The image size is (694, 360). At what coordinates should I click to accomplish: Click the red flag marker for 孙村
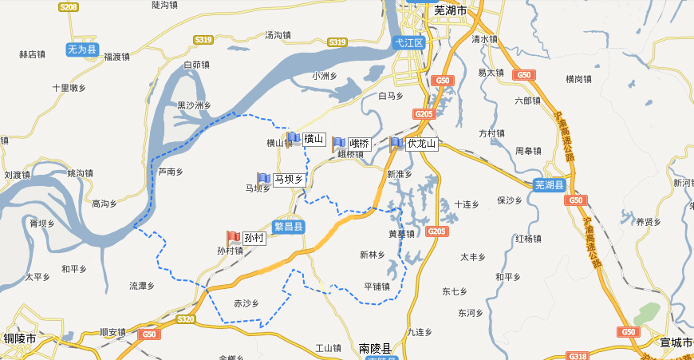pos(233,237)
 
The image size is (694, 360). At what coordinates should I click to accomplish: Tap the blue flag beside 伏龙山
pos(396,144)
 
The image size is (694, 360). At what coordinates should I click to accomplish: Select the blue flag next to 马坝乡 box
pos(263,180)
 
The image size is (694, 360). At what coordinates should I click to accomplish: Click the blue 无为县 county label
pos(81,49)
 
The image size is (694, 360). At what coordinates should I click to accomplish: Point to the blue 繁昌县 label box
pos(288,227)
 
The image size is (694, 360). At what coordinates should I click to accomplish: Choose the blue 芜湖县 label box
pos(549,185)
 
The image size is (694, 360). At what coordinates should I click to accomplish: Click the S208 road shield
pos(69,7)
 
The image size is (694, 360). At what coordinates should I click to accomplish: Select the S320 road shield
pos(185,318)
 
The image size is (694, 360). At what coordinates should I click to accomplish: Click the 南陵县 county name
pos(375,349)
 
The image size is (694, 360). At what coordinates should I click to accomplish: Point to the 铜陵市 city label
pos(20,338)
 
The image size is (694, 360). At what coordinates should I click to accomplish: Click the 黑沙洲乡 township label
pos(194,105)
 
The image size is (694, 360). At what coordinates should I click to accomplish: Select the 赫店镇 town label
pos(32,55)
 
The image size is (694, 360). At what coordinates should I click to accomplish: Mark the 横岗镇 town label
pos(578,79)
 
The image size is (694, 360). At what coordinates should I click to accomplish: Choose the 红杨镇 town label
pos(528,239)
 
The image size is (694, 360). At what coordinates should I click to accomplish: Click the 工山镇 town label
pos(328,348)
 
